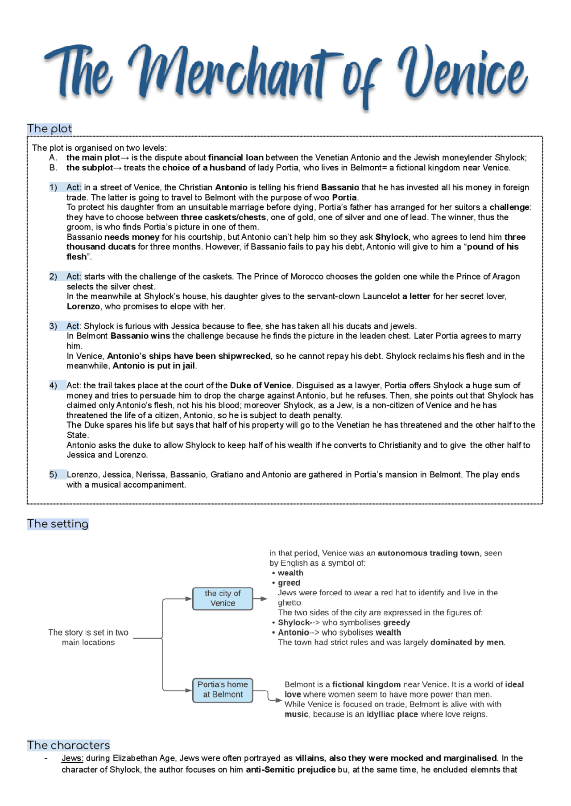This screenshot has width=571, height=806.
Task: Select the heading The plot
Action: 50,129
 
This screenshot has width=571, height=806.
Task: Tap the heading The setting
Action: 58,524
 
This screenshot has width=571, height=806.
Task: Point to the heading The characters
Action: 68,745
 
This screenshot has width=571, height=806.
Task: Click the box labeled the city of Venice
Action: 223,598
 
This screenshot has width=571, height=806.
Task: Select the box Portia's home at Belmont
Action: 223,690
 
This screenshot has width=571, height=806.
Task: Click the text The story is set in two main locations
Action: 88,637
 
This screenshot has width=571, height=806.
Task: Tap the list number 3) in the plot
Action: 53,326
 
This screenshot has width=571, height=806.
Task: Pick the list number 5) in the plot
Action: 53,475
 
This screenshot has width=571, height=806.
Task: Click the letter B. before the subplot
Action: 53,168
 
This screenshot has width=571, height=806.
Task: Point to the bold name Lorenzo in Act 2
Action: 83,307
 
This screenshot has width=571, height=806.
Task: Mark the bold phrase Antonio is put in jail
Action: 154,366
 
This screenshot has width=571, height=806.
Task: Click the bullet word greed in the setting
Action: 289,583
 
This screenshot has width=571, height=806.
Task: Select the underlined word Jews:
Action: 72,758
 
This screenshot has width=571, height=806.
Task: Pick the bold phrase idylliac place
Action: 392,715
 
